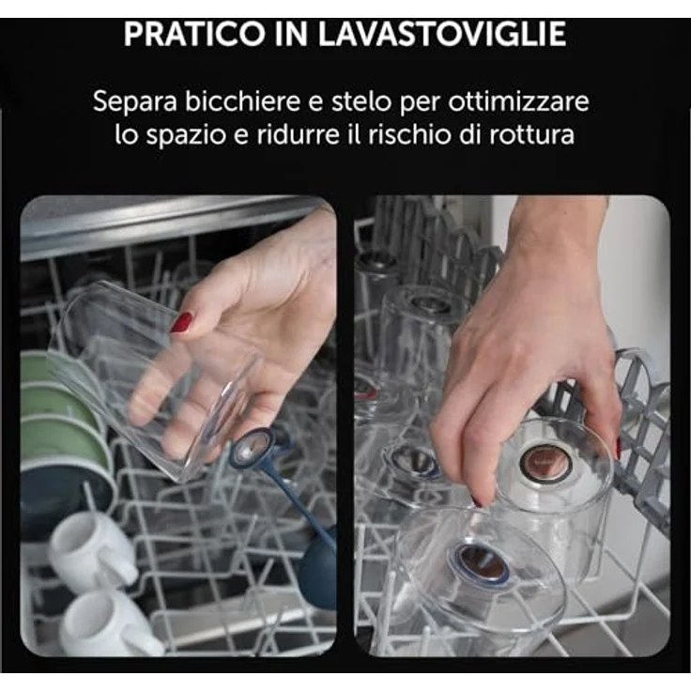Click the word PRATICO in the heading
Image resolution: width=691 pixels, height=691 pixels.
pyautogui.click(x=193, y=34)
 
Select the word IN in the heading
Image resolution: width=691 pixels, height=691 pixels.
pyautogui.click(x=290, y=34)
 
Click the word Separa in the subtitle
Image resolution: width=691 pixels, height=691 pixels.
pyautogui.click(x=135, y=102)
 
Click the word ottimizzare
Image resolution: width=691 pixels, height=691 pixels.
pyautogui.click(x=518, y=100)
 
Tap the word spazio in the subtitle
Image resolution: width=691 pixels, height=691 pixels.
pyautogui.click(x=187, y=136)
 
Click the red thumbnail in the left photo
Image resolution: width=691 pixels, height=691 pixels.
pyautogui.click(x=181, y=322)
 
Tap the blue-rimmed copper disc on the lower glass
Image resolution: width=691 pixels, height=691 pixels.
pyautogui.click(x=478, y=565)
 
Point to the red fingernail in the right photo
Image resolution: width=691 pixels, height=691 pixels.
pyautogui.click(x=618, y=447)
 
